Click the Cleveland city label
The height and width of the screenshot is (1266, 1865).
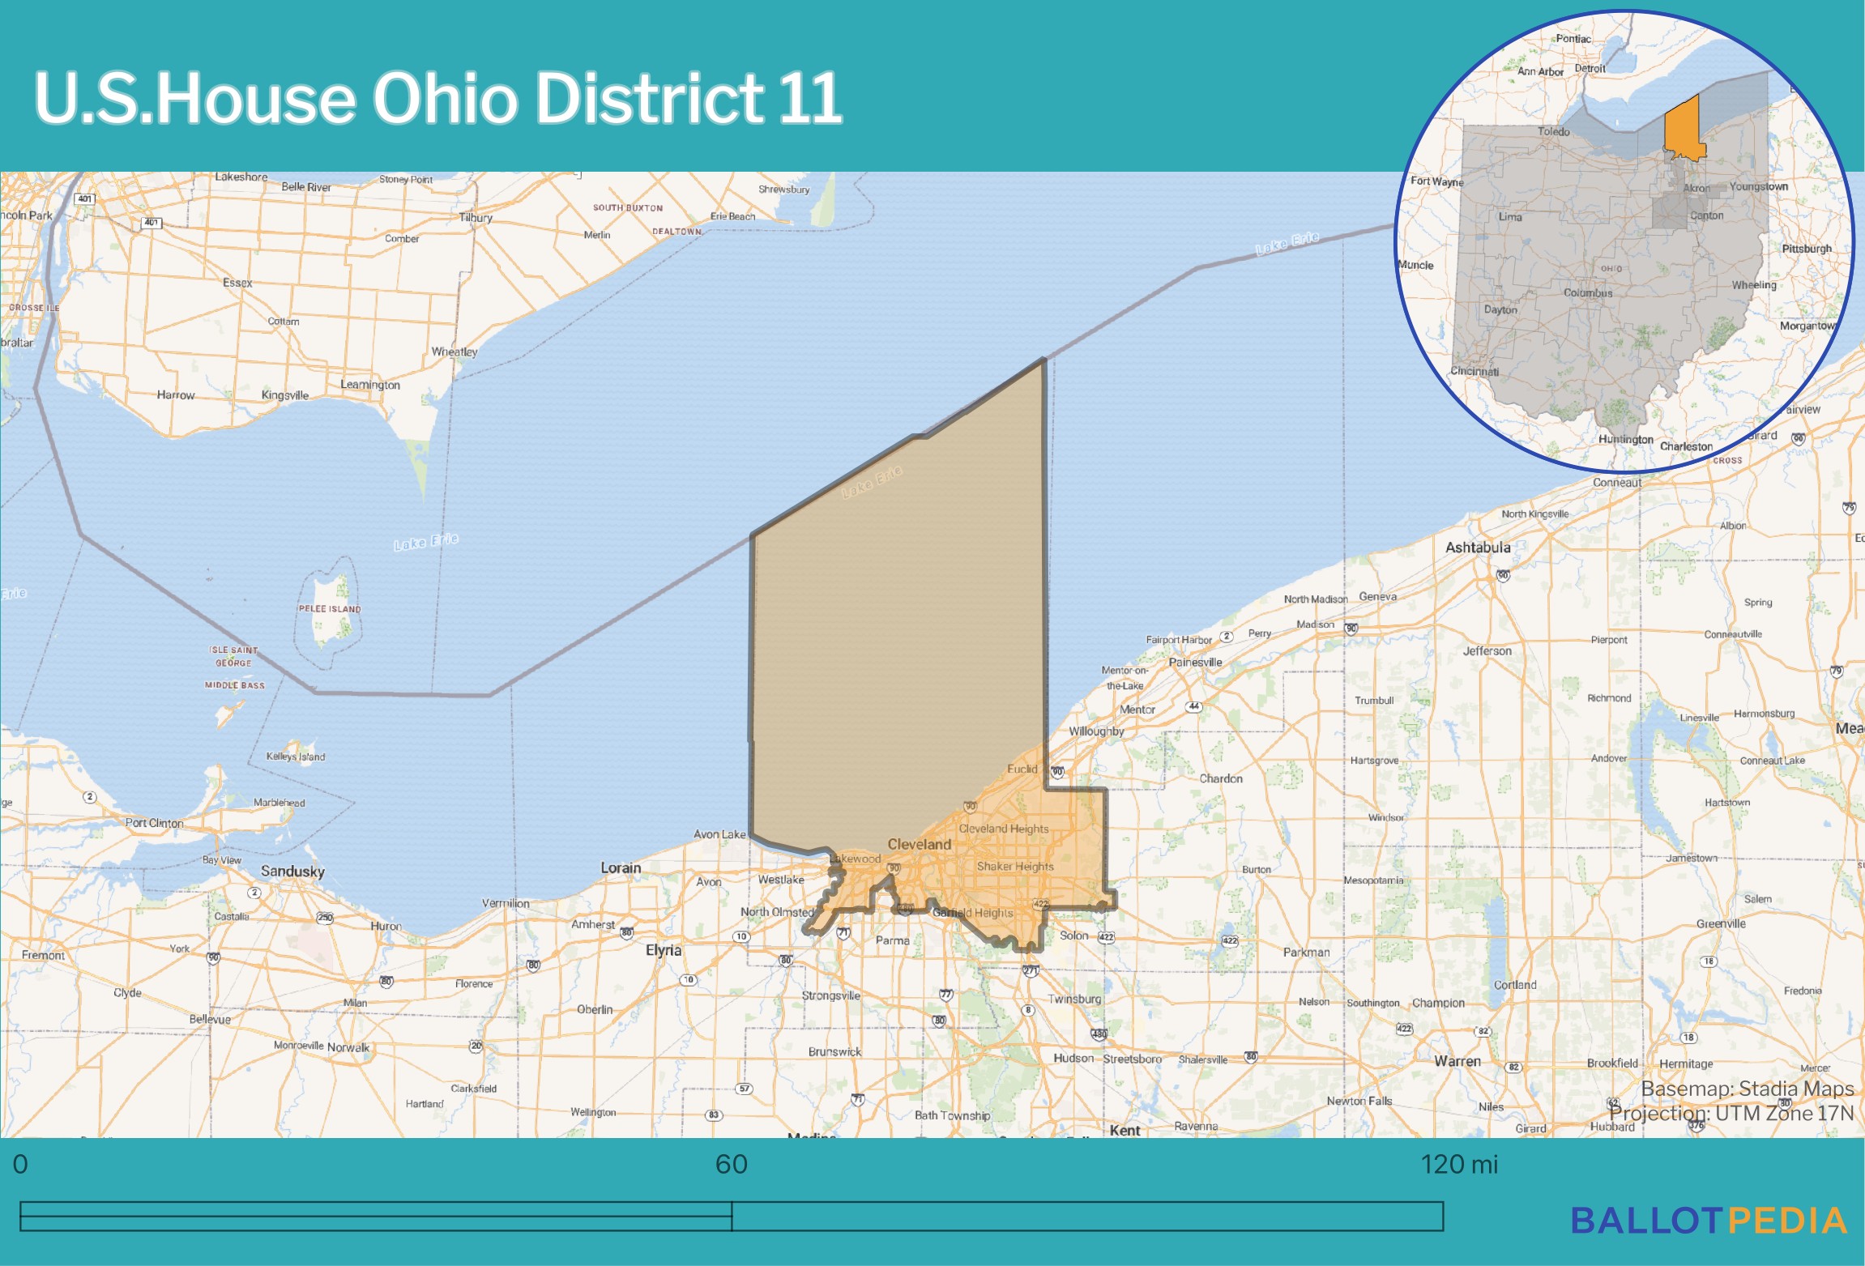[x=919, y=844]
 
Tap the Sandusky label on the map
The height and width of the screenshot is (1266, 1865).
[x=292, y=872]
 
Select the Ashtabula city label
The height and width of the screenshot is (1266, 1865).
[x=1478, y=548]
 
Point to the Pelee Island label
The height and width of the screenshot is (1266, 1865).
[x=329, y=609]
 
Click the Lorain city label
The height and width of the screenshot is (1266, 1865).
[x=621, y=867]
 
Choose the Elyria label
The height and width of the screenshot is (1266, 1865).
[x=664, y=950]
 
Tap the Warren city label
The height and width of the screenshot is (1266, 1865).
[x=1457, y=1061]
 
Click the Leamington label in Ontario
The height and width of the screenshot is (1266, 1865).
[x=370, y=385]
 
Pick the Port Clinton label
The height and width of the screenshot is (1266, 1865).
[x=154, y=823]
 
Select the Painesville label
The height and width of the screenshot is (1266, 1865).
[x=1195, y=662]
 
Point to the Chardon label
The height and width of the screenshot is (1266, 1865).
[x=1221, y=778]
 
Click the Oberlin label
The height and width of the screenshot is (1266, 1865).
[x=595, y=1009]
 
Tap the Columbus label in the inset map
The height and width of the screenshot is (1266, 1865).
[x=1588, y=293]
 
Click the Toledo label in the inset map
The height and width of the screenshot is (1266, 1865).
[x=1553, y=131]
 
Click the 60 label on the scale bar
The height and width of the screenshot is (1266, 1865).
[x=731, y=1164]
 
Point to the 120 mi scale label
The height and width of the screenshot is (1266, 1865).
[x=1459, y=1164]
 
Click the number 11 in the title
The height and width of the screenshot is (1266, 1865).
[x=810, y=98]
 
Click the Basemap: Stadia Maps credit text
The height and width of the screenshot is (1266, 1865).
[x=1747, y=1089]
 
